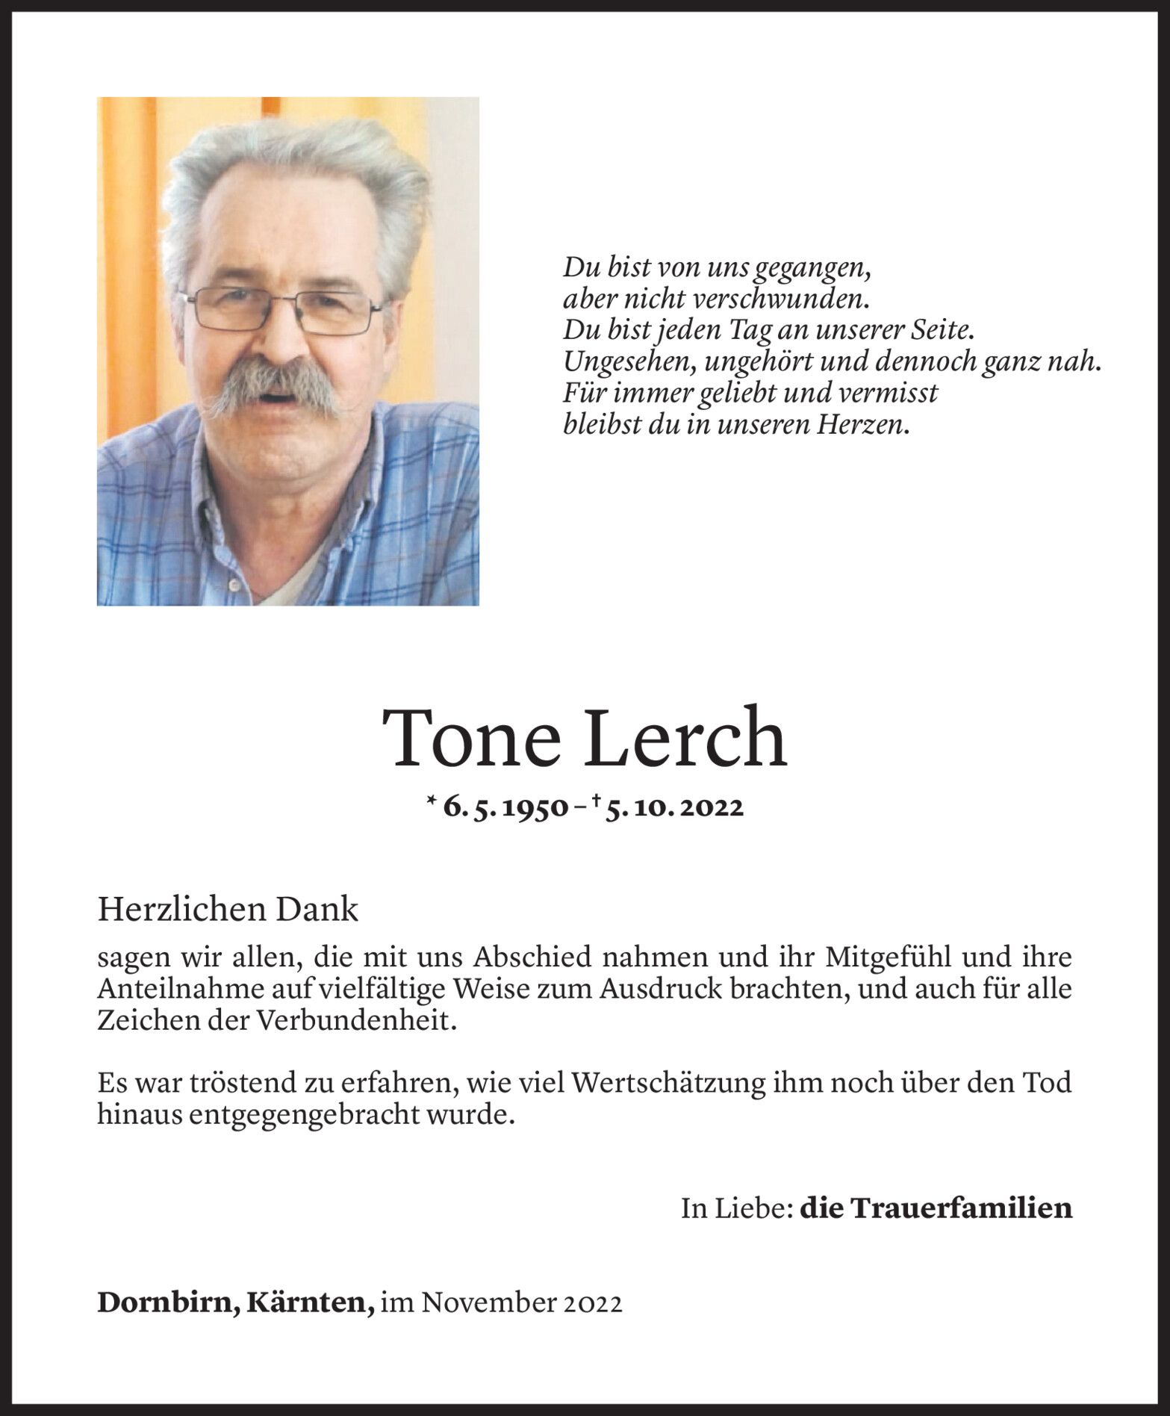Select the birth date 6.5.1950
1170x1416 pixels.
pos(505,807)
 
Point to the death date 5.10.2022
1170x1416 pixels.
pos(673,807)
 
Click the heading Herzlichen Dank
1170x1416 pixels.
pos(228,910)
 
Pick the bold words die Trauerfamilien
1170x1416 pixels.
pos(936,1208)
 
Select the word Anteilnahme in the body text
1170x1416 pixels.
pos(186,989)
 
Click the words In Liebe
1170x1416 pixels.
pos(735,1208)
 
